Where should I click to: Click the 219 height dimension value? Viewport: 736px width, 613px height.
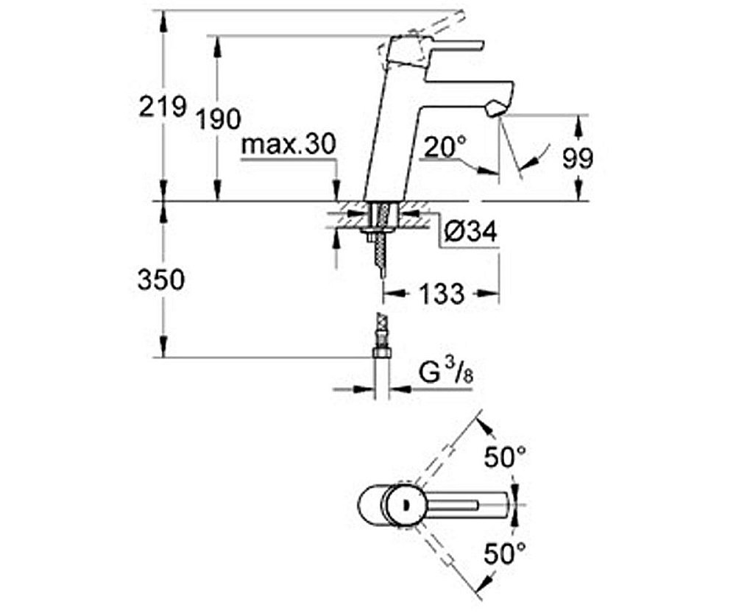[x=163, y=107]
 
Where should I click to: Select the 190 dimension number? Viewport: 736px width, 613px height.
[x=219, y=118]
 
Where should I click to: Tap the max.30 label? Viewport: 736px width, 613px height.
[x=288, y=144]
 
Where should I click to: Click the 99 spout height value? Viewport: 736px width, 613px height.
[x=577, y=157]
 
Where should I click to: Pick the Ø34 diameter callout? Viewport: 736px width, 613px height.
[x=471, y=233]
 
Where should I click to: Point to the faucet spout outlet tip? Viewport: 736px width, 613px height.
[x=494, y=110]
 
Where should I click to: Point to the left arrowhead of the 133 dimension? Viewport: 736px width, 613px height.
[x=389, y=294]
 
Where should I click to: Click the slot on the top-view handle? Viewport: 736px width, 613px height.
[x=456, y=505]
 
